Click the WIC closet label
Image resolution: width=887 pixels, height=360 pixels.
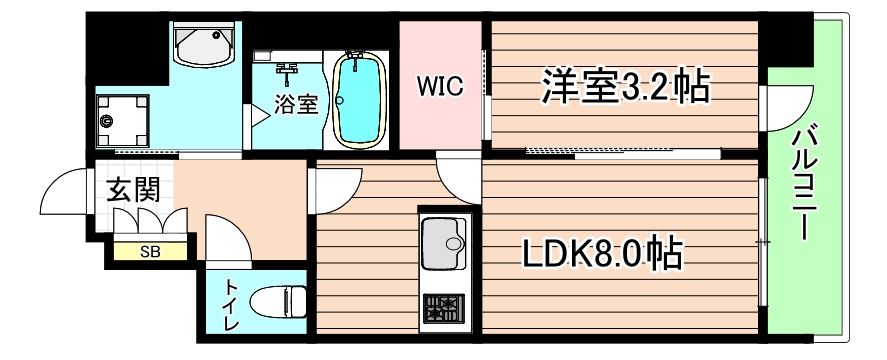(x=440, y=87)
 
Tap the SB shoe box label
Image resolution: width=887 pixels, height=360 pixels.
(x=149, y=250)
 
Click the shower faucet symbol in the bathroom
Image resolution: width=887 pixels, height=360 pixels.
(x=290, y=69)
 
